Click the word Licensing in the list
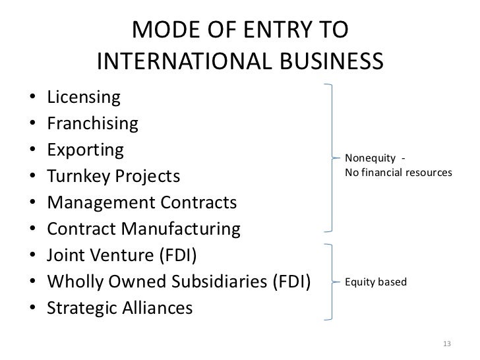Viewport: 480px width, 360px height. [x=84, y=98]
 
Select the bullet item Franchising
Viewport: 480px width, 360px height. [x=92, y=123]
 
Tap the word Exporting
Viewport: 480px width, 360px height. [x=85, y=150]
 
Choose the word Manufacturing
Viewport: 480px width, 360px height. [x=184, y=229]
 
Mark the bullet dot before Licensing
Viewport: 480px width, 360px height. [x=34, y=99]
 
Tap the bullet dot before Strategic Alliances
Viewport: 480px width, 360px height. [x=34, y=309]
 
